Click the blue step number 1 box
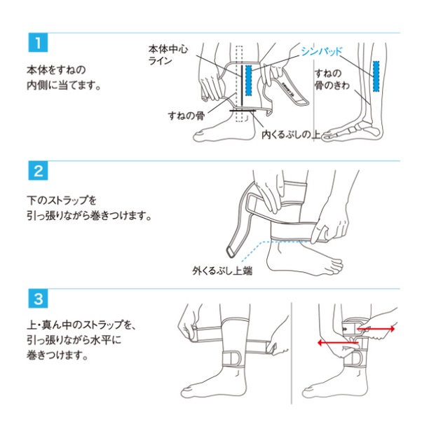(38, 43)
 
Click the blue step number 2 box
(38, 170)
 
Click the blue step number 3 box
(38, 299)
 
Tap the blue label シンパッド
(322, 51)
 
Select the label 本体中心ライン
(168, 55)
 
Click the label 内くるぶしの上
(291, 135)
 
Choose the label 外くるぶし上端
(222, 271)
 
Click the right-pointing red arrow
(376, 329)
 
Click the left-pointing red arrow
(338, 343)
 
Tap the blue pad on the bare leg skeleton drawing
(376, 76)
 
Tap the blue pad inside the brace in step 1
(248, 81)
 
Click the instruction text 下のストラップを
(62, 200)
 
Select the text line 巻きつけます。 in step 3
(57, 355)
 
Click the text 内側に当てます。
(64, 85)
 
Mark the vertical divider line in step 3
(292, 353)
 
